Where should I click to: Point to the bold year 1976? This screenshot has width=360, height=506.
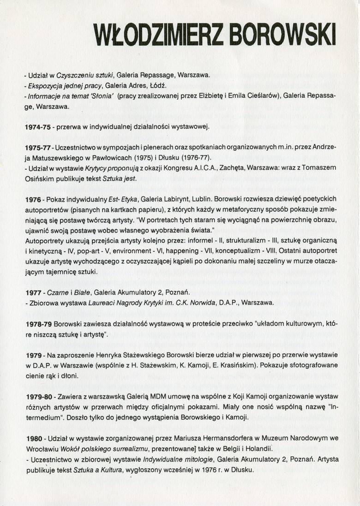(32, 198)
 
